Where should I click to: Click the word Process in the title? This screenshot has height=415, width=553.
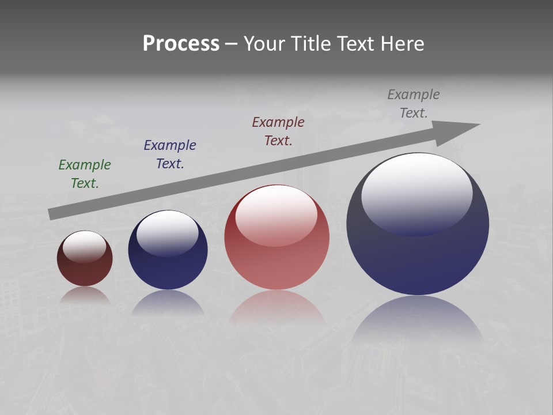[181, 44]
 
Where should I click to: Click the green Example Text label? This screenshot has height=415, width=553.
[85, 173]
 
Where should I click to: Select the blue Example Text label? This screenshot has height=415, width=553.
[170, 154]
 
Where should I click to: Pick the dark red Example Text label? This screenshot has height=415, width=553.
[278, 131]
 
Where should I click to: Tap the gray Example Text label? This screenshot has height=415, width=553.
[414, 103]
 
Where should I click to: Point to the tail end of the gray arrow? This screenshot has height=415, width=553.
[54, 214]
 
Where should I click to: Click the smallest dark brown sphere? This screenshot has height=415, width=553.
[85, 271]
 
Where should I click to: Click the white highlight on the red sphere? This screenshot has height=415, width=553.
[276, 213]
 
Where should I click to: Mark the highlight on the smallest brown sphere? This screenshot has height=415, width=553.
[85, 246]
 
